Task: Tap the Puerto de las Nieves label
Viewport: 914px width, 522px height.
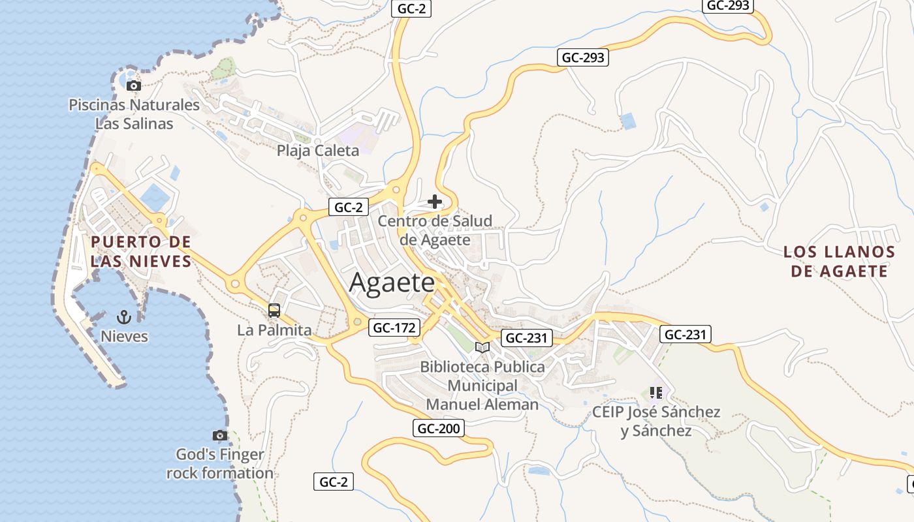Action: (x=141, y=252)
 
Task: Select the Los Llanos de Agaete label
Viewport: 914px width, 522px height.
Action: (x=839, y=261)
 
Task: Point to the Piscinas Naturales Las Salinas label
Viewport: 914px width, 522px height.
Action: (x=134, y=114)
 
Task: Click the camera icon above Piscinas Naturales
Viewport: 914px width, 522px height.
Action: (x=133, y=85)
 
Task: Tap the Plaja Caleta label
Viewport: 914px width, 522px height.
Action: (x=318, y=151)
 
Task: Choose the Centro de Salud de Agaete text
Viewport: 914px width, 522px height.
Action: (x=435, y=230)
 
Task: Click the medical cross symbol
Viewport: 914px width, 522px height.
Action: (x=435, y=202)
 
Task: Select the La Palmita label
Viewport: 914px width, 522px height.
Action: (x=274, y=330)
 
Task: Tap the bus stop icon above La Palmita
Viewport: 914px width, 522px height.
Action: (x=274, y=311)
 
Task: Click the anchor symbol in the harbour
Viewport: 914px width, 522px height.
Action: (x=124, y=317)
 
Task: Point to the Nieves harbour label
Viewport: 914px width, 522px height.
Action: (x=124, y=337)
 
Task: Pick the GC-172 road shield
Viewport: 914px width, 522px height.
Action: (x=394, y=328)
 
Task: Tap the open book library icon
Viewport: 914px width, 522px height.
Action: (x=482, y=347)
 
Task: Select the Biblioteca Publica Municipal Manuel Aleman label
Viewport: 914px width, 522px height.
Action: (x=482, y=386)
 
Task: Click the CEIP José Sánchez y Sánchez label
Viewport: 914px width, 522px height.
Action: (x=656, y=422)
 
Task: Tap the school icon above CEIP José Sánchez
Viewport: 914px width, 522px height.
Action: (x=656, y=393)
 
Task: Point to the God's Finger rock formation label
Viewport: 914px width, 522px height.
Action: (x=220, y=464)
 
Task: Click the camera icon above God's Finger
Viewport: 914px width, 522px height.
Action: (x=220, y=435)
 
